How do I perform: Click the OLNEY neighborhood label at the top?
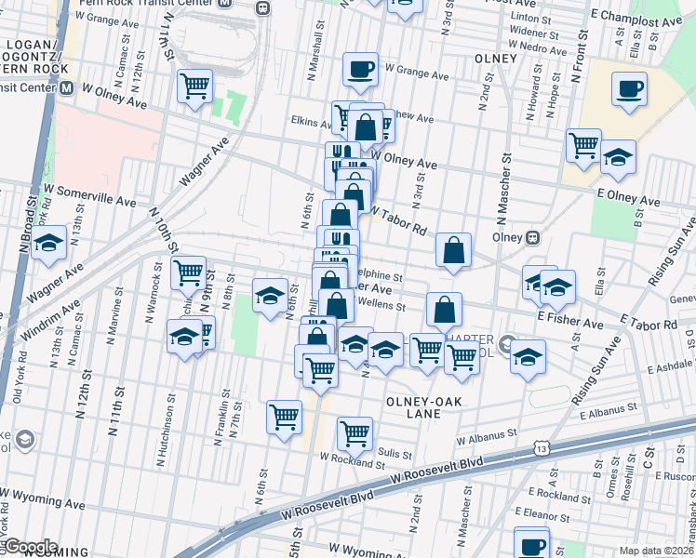(x=494, y=59)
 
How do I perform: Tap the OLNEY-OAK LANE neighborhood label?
(x=418, y=410)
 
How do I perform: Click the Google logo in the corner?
(x=31, y=547)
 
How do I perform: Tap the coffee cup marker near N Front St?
(x=629, y=89)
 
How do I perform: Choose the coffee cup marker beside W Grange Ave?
(x=360, y=68)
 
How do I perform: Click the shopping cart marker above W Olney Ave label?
(x=195, y=86)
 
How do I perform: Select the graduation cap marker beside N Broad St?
(x=49, y=244)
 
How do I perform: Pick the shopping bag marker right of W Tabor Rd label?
(x=453, y=249)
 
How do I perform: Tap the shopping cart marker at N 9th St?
(x=188, y=272)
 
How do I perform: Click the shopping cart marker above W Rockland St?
(x=355, y=432)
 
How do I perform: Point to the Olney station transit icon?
(x=533, y=236)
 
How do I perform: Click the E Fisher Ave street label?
(x=569, y=321)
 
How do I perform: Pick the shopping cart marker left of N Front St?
(x=582, y=144)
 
